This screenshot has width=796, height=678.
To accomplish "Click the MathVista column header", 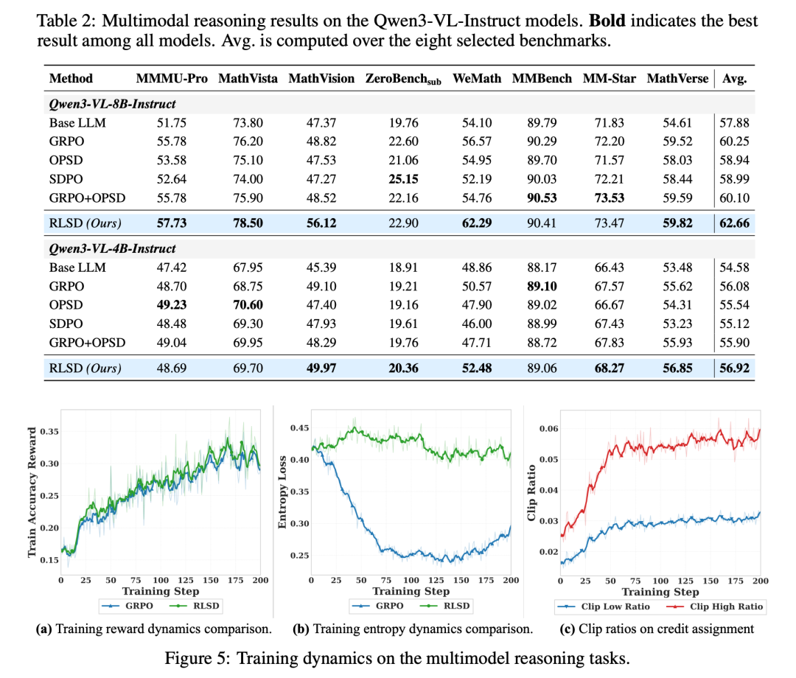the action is point(248,79).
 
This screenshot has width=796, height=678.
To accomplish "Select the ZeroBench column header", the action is point(403,79).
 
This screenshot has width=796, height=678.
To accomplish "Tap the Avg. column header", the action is point(735,79).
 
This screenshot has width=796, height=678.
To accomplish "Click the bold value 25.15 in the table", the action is point(404,179).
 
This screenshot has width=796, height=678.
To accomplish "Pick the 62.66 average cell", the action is point(735,223).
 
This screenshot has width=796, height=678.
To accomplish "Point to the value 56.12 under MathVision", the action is point(321,223).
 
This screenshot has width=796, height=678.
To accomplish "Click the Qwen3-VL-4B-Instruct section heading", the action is point(112,248).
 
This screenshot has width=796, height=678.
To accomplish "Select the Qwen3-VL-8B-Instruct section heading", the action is point(112,104).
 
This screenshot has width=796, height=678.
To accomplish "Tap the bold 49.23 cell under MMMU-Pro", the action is point(172,304).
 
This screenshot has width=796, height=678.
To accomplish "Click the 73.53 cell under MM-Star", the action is point(610,198).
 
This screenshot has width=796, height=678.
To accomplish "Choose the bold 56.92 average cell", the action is point(735,368).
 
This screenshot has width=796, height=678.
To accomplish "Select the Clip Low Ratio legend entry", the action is point(604,607).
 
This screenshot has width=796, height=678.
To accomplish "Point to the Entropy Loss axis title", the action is point(282,492).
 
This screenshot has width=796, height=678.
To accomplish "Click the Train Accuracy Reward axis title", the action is point(32,492).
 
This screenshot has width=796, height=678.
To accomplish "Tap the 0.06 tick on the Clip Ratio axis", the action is point(548,429).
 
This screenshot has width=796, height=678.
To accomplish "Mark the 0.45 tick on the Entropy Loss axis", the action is point(299,428).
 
